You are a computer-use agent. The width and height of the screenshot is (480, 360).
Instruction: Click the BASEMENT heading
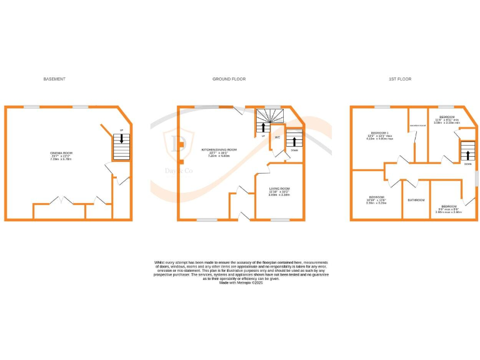tap(54, 79)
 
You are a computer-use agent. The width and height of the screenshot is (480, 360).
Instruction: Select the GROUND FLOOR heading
tap(229, 79)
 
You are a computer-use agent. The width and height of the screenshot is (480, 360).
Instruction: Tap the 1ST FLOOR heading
tap(400, 79)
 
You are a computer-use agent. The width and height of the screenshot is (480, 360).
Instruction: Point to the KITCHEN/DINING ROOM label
tap(219, 150)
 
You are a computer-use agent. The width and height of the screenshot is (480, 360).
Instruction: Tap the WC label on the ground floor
tap(277, 137)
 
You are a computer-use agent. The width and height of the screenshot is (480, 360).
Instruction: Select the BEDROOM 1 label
tap(380, 133)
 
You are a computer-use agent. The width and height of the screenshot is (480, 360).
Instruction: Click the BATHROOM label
tap(416, 200)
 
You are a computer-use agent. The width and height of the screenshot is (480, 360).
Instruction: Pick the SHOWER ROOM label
tap(417, 126)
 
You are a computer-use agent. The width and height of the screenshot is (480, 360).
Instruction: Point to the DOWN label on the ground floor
tap(293, 150)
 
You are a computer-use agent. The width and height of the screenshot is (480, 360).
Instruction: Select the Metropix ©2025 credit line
tap(241, 283)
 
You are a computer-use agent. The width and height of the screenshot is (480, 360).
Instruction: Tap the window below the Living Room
tap(279, 219)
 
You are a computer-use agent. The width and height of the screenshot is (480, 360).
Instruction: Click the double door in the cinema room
tap(60, 201)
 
